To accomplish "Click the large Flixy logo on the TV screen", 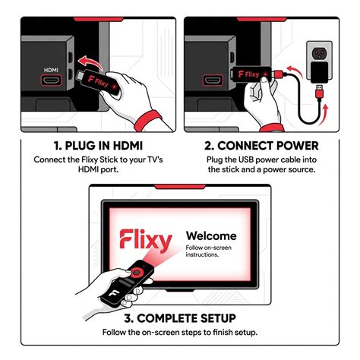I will pos(146,241).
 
